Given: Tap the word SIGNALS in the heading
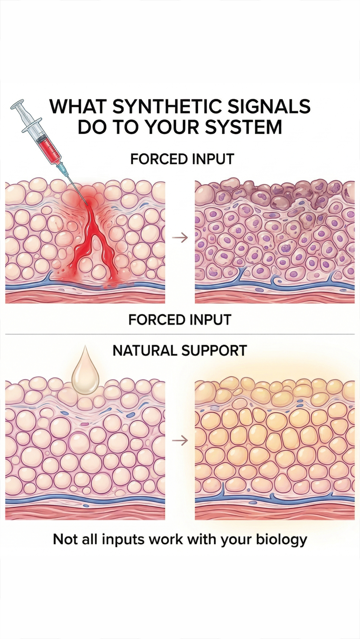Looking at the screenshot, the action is [x=269, y=106].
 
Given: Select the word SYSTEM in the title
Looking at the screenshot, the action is [x=243, y=127].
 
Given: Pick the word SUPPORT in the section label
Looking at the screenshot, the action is [x=214, y=350].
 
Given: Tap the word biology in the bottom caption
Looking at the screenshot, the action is [x=281, y=539].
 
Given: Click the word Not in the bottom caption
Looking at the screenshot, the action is [x=65, y=539].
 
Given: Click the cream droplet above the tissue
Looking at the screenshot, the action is [x=85, y=371].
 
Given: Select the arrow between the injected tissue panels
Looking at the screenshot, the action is [x=180, y=238].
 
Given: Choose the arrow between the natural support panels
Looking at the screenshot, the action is [x=180, y=441].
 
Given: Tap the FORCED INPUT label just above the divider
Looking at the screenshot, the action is [x=180, y=320].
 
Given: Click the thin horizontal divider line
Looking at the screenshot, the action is [x=180, y=334].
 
